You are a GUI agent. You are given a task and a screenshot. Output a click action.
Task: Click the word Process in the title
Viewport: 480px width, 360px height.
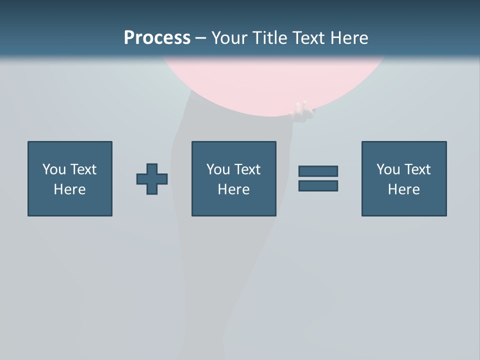(x=157, y=38)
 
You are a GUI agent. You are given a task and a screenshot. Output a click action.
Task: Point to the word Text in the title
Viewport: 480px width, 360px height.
(x=309, y=38)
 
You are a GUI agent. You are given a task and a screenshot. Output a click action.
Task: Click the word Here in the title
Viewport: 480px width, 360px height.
(x=349, y=38)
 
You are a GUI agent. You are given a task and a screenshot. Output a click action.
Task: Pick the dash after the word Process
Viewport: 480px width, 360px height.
(x=200, y=38)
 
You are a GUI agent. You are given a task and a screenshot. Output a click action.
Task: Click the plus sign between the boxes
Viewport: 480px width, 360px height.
(x=152, y=179)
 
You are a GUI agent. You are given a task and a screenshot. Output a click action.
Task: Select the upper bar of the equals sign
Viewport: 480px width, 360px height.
(x=318, y=171)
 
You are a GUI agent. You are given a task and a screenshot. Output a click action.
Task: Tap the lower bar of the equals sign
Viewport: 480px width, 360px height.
(x=318, y=185)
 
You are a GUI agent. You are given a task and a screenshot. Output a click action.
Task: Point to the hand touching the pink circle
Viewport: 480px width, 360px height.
(x=302, y=111)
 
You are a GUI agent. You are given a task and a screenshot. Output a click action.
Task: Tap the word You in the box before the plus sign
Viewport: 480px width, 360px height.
(x=54, y=169)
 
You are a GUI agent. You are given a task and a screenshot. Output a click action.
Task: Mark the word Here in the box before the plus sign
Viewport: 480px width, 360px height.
(x=69, y=189)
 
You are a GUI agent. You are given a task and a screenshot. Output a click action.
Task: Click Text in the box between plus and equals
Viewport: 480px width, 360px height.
(x=247, y=169)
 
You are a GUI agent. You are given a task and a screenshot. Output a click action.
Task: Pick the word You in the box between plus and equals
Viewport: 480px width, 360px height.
(x=218, y=169)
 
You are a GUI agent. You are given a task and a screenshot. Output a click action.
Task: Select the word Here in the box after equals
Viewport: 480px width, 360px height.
(x=403, y=189)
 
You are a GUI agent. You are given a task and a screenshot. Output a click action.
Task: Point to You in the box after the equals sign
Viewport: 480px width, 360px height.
(x=388, y=169)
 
